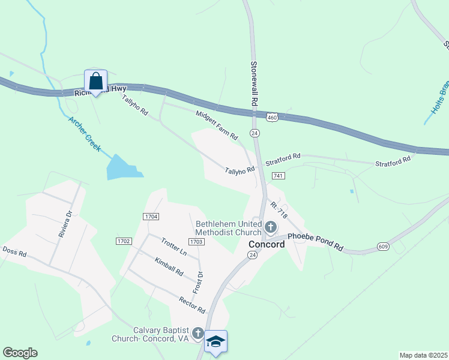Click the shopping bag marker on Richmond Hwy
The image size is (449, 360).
pyautogui.click(x=95, y=80)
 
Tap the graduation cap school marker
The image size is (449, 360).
pyautogui.click(x=215, y=341)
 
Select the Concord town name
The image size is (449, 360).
pyautogui.click(x=267, y=244)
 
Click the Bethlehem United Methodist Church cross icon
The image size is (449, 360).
pyautogui.click(x=271, y=227)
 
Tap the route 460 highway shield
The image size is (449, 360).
pyautogui.click(x=272, y=118)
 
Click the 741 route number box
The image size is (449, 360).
pyautogui.click(x=277, y=175)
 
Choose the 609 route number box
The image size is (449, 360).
pyautogui.click(x=383, y=246)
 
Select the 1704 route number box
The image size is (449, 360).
pyautogui.click(x=151, y=216)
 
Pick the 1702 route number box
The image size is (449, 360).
pyautogui.click(x=123, y=241)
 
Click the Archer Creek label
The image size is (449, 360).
pyautogui.click(x=84, y=134)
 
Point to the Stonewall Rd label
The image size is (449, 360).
pyautogui.click(x=254, y=83)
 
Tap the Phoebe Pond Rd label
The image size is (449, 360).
pyautogui.click(x=315, y=241)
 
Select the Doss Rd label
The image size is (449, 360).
pyautogui.click(x=15, y=252)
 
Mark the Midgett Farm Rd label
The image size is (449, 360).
pyautogui.click(x=217, y=125)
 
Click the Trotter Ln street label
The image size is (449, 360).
pyautogui.click(x=174, y=246)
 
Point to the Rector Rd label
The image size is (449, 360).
pyautogui.click(x=192, y=304)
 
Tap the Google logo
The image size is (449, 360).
pyautogui.click(x=20, y=353)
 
